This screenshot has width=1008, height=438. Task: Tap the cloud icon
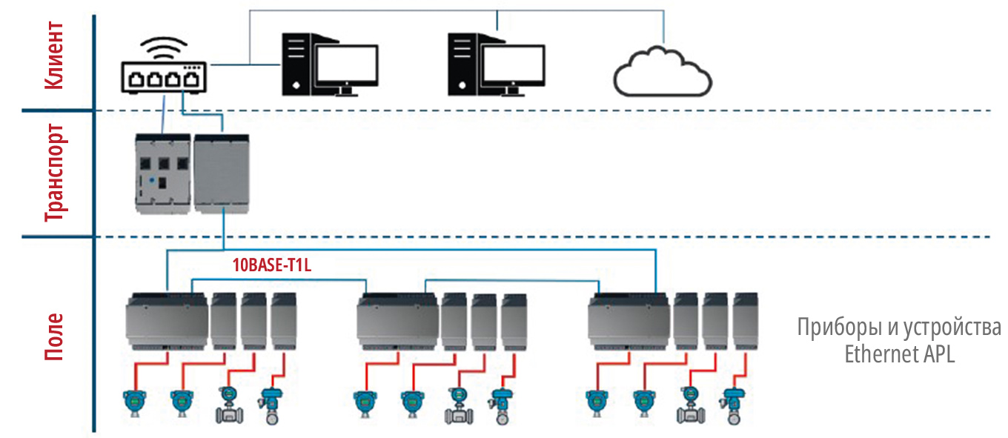[662, 70]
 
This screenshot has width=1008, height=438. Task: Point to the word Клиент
[53, 56]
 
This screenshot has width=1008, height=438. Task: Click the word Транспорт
[53, 173]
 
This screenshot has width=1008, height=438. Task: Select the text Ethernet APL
[899, 354]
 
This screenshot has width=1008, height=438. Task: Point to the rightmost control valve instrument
[733, 406]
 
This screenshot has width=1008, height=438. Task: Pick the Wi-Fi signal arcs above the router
[163, 46]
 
